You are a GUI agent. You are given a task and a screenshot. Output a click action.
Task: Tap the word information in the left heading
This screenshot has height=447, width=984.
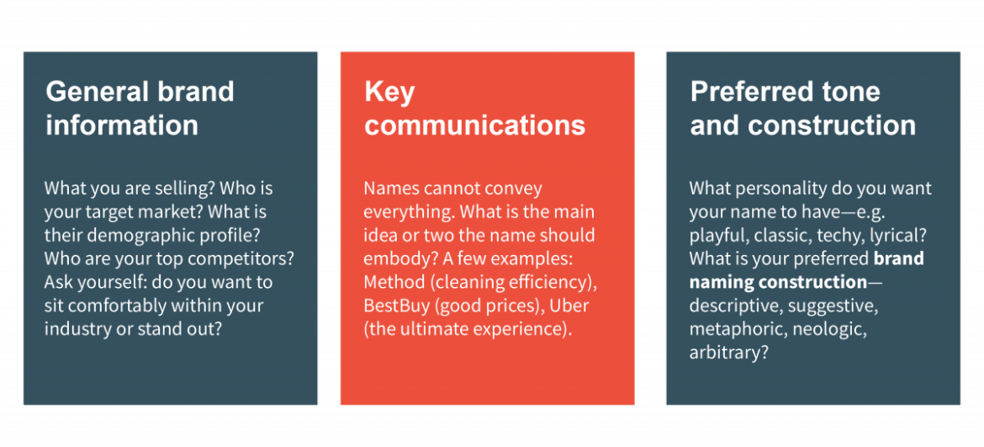(x=122, y=125)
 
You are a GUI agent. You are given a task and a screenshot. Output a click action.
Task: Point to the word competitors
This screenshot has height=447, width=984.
(x=248, y=258)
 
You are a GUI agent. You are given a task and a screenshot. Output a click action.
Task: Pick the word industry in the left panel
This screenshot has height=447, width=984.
(x=79, y=328)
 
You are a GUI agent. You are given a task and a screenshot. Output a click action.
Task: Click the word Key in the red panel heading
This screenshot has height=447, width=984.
(x=389, y=91)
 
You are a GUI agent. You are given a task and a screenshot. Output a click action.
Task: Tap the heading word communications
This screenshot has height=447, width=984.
(x=474, y=125)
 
